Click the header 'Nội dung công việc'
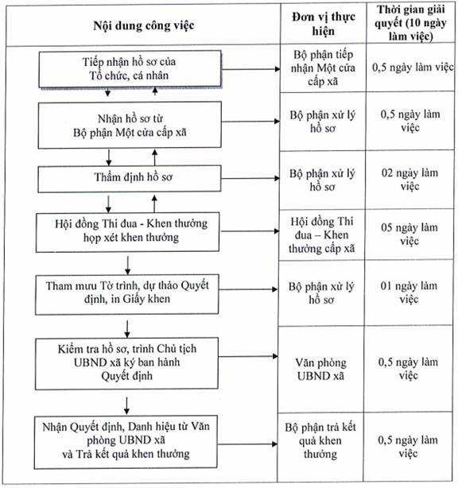pos(144,25)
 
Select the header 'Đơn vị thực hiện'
pos(324,24)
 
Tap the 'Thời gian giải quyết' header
pos(410,23)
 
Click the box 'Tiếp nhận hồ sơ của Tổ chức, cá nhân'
pos(130,69)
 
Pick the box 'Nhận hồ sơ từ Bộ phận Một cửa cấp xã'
pos(130,125)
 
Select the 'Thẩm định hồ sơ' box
pos(130,178)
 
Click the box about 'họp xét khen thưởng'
pos(128,232)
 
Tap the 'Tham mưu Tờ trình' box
pos(126,294)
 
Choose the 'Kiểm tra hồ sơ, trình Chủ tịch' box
pos(126,363)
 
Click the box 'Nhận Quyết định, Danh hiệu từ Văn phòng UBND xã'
pos(126,442)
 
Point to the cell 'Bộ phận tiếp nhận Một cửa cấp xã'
pos(323,68)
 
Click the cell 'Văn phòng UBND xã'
pos(321,369)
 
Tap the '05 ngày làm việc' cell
pos(409,234)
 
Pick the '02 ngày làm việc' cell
pos(409,180)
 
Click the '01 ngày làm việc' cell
pos(409,292)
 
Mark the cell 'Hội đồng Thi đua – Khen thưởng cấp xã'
pos(322,234)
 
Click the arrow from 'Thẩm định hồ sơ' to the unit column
pos(250,178)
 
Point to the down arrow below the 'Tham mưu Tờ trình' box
pos(127,329)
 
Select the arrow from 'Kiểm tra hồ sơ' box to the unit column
pos(248,356)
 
